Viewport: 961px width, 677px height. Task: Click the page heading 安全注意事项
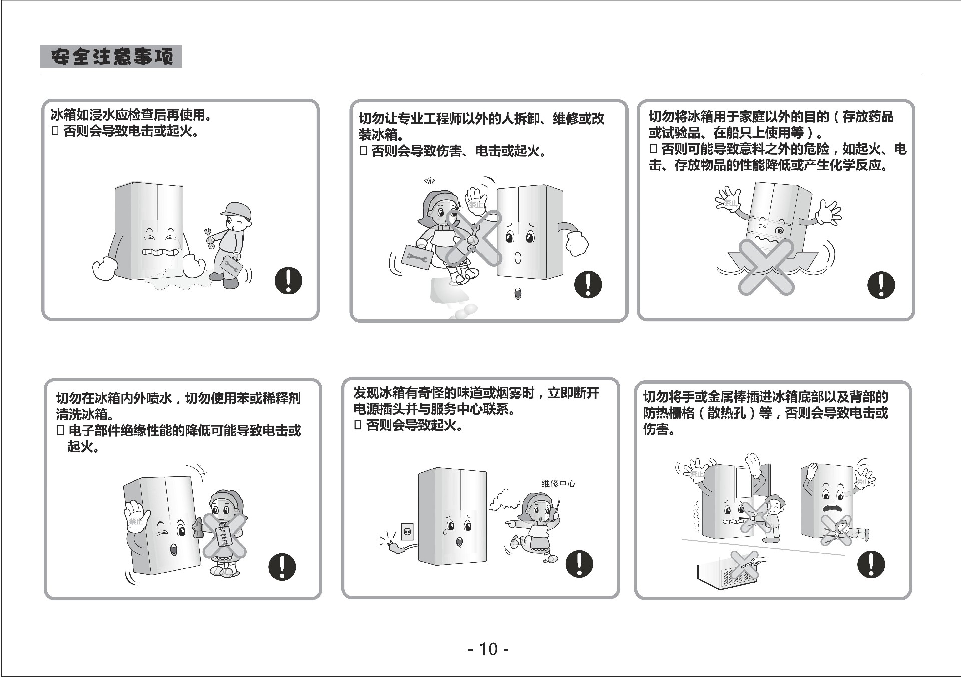pos(111,56)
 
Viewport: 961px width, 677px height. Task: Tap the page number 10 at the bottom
pos(489,649)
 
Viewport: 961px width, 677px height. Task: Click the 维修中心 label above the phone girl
pos(558,483)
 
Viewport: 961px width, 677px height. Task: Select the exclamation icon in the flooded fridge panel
pos(288,280)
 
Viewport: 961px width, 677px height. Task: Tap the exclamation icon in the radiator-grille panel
pos(871,564)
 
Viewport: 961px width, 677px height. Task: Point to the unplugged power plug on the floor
pos(395,547)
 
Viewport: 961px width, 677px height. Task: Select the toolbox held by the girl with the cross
pos(415,257)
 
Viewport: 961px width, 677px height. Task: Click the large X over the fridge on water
pos(766,266)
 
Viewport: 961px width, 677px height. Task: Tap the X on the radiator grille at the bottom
pos(744,564)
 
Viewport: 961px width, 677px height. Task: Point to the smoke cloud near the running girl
pos(503,499)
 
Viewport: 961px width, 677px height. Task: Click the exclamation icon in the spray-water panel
pos(282,567)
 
